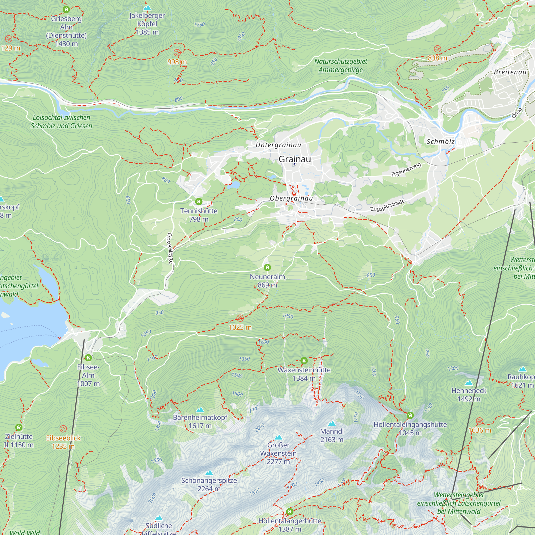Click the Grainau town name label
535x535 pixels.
295,159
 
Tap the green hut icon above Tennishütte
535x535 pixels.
199,201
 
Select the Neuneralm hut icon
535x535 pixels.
267,267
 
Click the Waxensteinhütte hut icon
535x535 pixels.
304,361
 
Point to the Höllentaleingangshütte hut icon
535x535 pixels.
410,415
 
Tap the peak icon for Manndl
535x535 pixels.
332,423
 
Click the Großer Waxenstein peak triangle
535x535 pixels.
278,437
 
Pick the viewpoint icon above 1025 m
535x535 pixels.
240,318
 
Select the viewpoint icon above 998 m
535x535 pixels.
177,53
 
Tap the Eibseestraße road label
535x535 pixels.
170,248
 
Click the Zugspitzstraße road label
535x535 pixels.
387,205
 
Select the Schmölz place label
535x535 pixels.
440,142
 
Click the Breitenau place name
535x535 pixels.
510,72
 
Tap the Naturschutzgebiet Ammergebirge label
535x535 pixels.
341,66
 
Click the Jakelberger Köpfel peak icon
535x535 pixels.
147,7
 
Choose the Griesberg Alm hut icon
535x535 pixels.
66,9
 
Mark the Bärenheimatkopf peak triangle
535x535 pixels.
200,410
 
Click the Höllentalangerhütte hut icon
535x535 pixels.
290,511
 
